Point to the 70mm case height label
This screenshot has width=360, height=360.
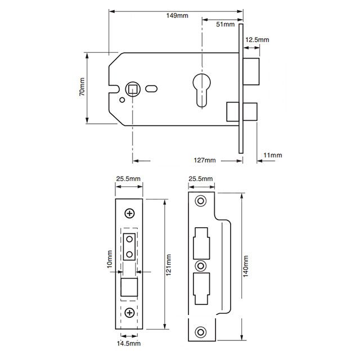pos(82,87)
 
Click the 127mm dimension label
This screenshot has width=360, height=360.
pos(205,160)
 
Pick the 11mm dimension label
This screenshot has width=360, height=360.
pos(272,155)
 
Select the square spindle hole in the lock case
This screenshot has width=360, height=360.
pos(133,88)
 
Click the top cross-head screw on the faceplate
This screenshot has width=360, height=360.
pos(130,213)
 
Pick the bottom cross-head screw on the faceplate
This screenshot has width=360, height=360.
pos(130,312)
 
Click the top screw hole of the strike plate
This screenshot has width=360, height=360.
pos(201,201)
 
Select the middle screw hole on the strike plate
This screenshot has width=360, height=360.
pos(201,264)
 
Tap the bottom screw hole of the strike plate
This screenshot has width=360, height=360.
pos(201,331)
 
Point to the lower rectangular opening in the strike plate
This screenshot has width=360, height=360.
pos(200,287)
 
